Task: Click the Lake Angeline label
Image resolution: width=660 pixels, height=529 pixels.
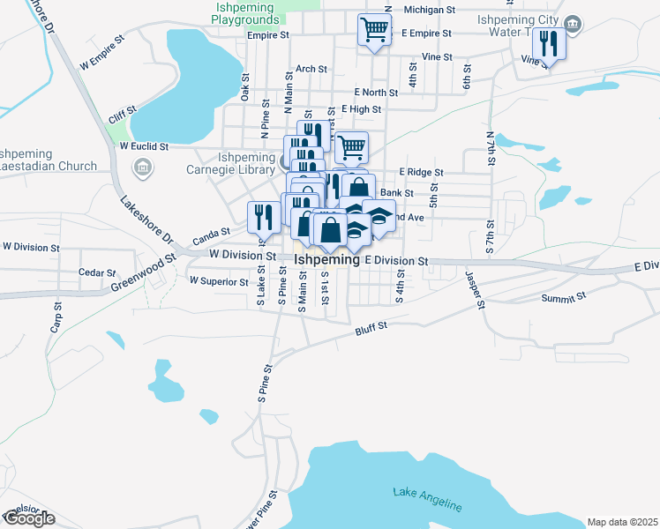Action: point(428,498)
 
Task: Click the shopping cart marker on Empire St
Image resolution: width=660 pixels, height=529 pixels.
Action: point(374,30)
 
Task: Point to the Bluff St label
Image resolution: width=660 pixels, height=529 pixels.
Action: point(371,328)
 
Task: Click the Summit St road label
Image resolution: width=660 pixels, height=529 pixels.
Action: point(564,298)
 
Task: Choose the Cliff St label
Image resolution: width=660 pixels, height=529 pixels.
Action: point(122,113)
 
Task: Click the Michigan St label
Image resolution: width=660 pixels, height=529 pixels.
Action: point(429,10)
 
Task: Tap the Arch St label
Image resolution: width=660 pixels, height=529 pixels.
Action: point(311,68)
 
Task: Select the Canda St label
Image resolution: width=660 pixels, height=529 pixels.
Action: point(211,235)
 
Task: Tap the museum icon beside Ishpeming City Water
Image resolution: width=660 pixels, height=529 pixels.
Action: point(574,24)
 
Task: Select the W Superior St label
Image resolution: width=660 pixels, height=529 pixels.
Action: point(219,281)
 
